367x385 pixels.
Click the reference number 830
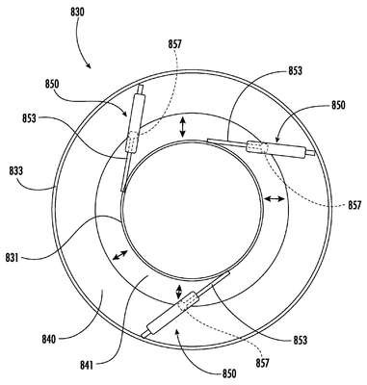[77, 13]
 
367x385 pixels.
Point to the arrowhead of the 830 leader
[90, 66]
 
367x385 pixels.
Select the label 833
[16, 170]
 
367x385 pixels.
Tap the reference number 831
[12, 257]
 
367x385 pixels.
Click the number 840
[49, 339]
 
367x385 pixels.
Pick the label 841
[87, 365]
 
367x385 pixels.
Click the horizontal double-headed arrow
[274, 199]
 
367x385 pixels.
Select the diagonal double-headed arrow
[119, 255]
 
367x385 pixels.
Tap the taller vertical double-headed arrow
[182, 127]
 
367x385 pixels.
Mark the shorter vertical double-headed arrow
[179, 292]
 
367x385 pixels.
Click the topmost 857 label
[175, 44]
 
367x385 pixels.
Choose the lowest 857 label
[262, 363]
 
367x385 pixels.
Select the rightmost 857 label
[354, 205]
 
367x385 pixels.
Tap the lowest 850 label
[229, 373]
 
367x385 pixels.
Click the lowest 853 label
[300, 340]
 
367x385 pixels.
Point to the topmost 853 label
[295, 70]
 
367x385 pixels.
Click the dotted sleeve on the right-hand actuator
[257, 147]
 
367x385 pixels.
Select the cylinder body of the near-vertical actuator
[134, 113]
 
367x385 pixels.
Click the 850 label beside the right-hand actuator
[338, 105]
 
